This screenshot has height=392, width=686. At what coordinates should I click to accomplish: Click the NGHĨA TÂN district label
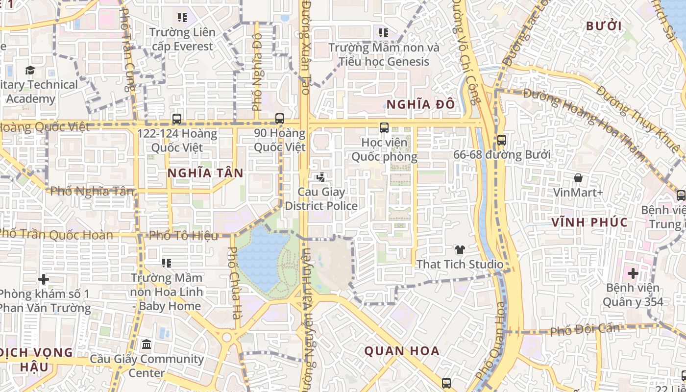click(205, 173)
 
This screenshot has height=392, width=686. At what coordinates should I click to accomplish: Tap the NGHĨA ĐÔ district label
click(421, 104)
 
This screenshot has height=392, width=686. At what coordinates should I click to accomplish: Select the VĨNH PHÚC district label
click(589, 222)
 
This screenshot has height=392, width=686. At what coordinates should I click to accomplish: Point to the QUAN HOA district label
click(402, 351)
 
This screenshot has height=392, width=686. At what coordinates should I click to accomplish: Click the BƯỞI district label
click(604, 26)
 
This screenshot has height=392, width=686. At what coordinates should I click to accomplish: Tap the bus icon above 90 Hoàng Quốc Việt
click(280, 119)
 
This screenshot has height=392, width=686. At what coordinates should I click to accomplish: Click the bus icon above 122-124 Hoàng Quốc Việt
click(177, 119)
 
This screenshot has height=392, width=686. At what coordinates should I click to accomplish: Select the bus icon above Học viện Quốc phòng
click(384, 128)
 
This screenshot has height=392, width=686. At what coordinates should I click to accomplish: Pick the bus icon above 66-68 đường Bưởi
click(501, 140)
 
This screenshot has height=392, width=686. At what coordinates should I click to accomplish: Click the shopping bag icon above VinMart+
click(578, 178)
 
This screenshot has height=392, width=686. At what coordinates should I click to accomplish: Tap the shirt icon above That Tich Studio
click(460, 250)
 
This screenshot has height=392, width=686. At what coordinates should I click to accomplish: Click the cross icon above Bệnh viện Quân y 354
click(633, 273)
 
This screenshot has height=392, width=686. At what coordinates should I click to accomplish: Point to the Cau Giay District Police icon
click(321, 177)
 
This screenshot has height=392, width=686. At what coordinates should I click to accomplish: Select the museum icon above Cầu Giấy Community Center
click(147, 344)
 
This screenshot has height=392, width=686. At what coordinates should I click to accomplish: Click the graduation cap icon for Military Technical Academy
click(30, 70)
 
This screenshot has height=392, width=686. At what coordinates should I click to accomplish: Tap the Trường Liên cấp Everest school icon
click(182, 18)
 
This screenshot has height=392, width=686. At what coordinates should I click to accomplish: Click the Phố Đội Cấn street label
click(585, 330)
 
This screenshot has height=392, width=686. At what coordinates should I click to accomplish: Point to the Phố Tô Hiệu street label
click(183, 236)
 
